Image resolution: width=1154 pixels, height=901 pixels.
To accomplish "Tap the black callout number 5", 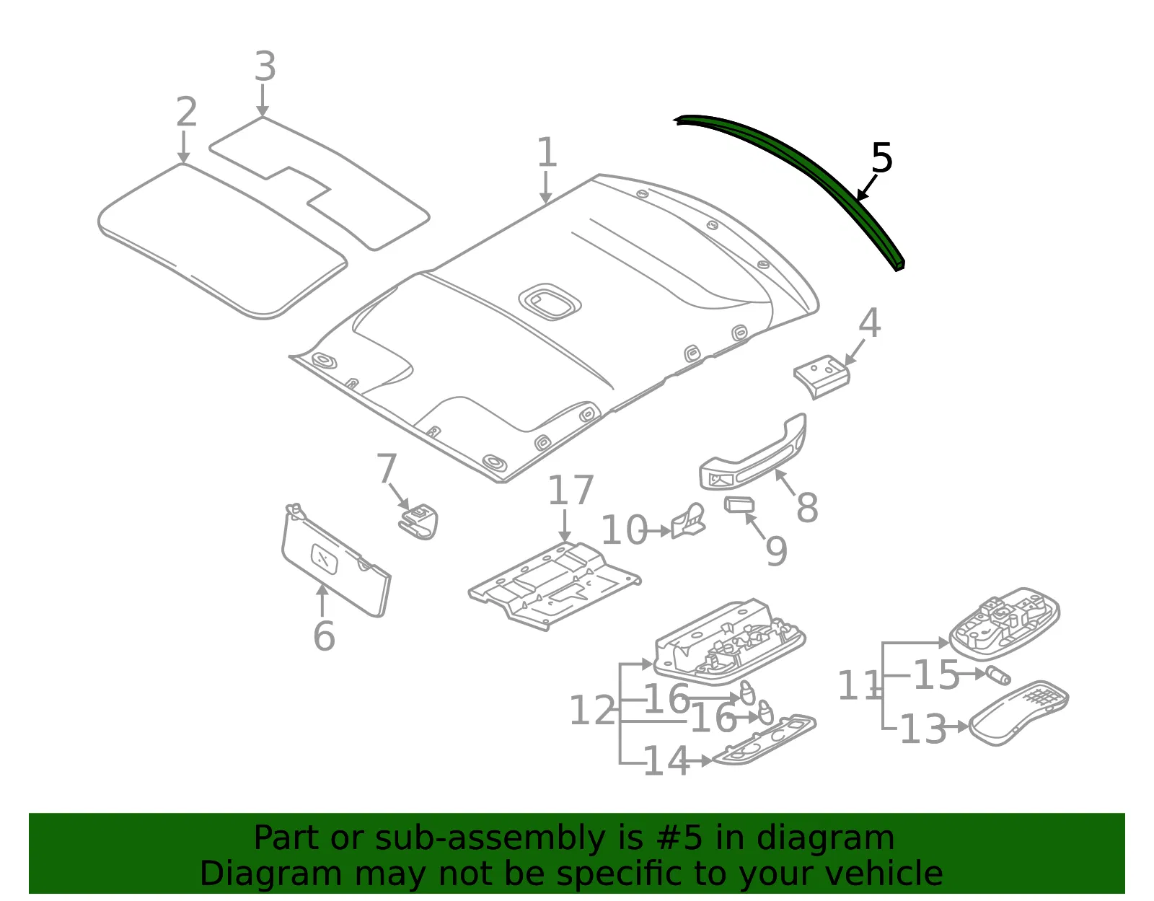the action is tap(882, 158).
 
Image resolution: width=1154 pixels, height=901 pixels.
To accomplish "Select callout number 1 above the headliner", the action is tap(547, 151).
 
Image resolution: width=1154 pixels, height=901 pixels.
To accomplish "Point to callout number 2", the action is tap(187, 112).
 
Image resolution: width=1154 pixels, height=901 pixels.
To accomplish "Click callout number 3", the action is tap(265, 66).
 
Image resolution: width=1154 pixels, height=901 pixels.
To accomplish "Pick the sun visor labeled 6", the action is tap(335, 560).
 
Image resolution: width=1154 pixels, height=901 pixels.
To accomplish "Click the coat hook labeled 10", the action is tap(688, 521).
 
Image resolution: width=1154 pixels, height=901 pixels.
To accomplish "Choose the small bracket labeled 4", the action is tap(822, 376).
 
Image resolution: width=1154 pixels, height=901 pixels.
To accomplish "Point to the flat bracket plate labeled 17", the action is tap(554, 586).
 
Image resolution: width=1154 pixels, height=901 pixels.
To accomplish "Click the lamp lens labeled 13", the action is tap(1018, 713).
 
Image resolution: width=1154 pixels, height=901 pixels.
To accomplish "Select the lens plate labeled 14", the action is tap(764, 739).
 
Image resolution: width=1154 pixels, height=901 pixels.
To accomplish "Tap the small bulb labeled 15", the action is tap(998, 675).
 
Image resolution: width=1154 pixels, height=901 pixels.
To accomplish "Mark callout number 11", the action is tap(859, 685).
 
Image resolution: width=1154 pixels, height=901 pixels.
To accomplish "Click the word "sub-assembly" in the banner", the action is tap(490, 838).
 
